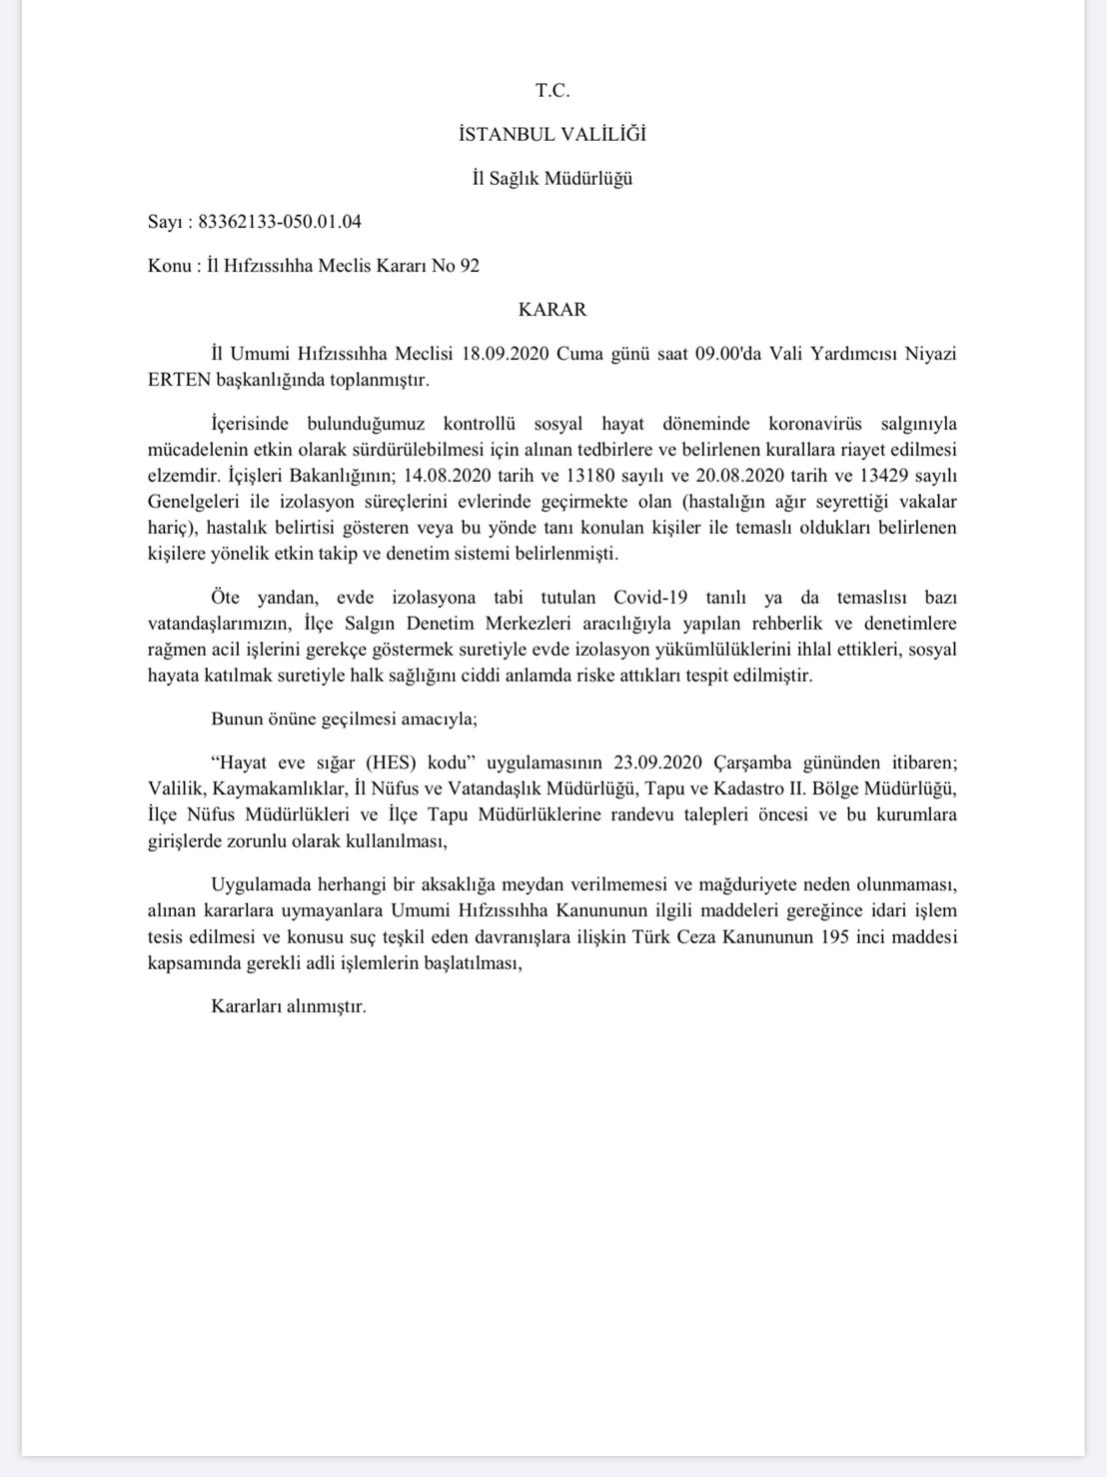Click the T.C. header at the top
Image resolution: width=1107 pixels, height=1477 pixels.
[x=553, y=90]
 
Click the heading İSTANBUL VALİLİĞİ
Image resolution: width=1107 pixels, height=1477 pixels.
[x=553, y=134]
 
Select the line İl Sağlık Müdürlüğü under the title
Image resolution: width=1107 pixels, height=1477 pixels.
[x=553, y=179]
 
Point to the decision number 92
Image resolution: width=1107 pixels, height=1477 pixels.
[x=470, y=266]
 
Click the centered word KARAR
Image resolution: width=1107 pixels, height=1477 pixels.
[x=553, y=310]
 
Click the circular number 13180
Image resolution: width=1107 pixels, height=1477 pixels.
[x=567, y=475]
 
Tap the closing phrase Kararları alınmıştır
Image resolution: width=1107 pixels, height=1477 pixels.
[x=289, y=1006]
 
